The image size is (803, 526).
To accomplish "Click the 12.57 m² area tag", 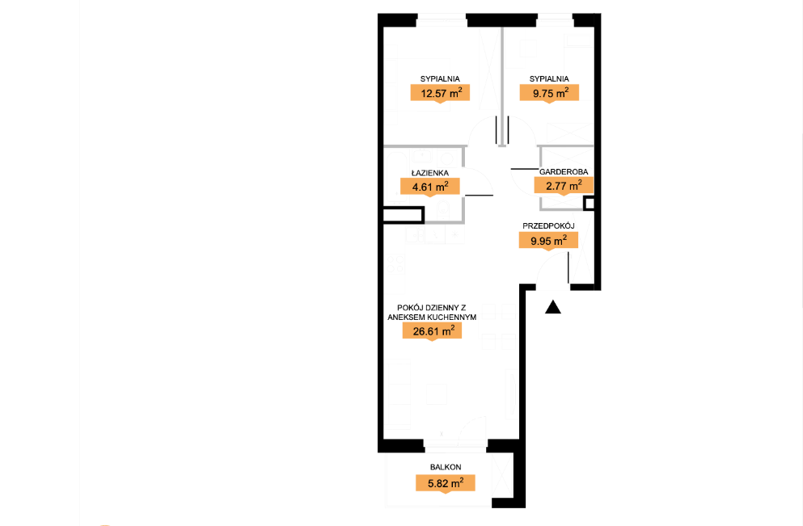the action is tap(440, 93).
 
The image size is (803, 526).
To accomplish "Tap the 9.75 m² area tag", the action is tap(549, 93).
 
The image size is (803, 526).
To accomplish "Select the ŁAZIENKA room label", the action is tap(429, 173).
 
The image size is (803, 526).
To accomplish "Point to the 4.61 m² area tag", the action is tap(429, 187).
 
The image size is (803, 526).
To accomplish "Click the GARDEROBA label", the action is tap(564, 172).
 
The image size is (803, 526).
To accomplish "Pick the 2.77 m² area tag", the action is tap(564, 185).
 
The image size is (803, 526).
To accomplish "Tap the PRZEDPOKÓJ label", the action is tap(548, 225).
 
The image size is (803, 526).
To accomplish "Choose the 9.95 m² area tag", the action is tap(548, 241).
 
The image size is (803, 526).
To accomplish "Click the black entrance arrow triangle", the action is tap(553, 307).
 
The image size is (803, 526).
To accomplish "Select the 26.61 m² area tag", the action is tap(432, 331).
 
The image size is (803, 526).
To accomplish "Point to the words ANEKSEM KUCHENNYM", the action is tap(432, 318).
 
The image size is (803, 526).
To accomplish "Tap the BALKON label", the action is tap(446, 467).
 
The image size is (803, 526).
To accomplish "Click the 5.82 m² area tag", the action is tap(446, 483).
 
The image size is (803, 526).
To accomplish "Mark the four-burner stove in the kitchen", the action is tap(396, 264).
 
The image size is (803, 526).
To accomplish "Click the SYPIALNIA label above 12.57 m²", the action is tap(440, 79).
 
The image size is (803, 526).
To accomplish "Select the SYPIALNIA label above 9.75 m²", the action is tap(549, 79).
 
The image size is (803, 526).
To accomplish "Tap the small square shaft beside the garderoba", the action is tap(589, 204).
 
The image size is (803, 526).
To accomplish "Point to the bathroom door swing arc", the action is tap(484, 175).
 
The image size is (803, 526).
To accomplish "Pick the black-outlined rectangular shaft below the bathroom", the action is tap(404, 215).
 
